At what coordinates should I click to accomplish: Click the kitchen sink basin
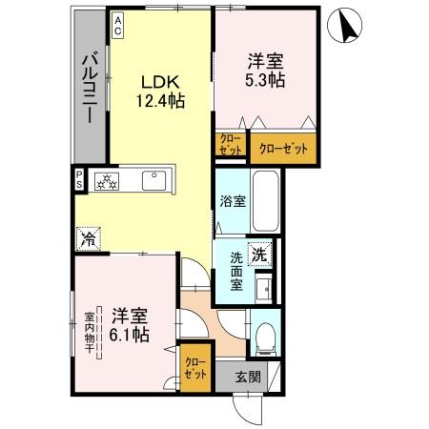coord(153,179)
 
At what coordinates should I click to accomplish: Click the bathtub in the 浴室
coord(264,203)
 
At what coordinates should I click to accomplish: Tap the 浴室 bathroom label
coord(231,202)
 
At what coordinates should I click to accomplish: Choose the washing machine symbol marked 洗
coord(257,254)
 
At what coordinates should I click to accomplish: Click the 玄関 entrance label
coord(248,375)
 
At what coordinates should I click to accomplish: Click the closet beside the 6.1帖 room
coord(194,367)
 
